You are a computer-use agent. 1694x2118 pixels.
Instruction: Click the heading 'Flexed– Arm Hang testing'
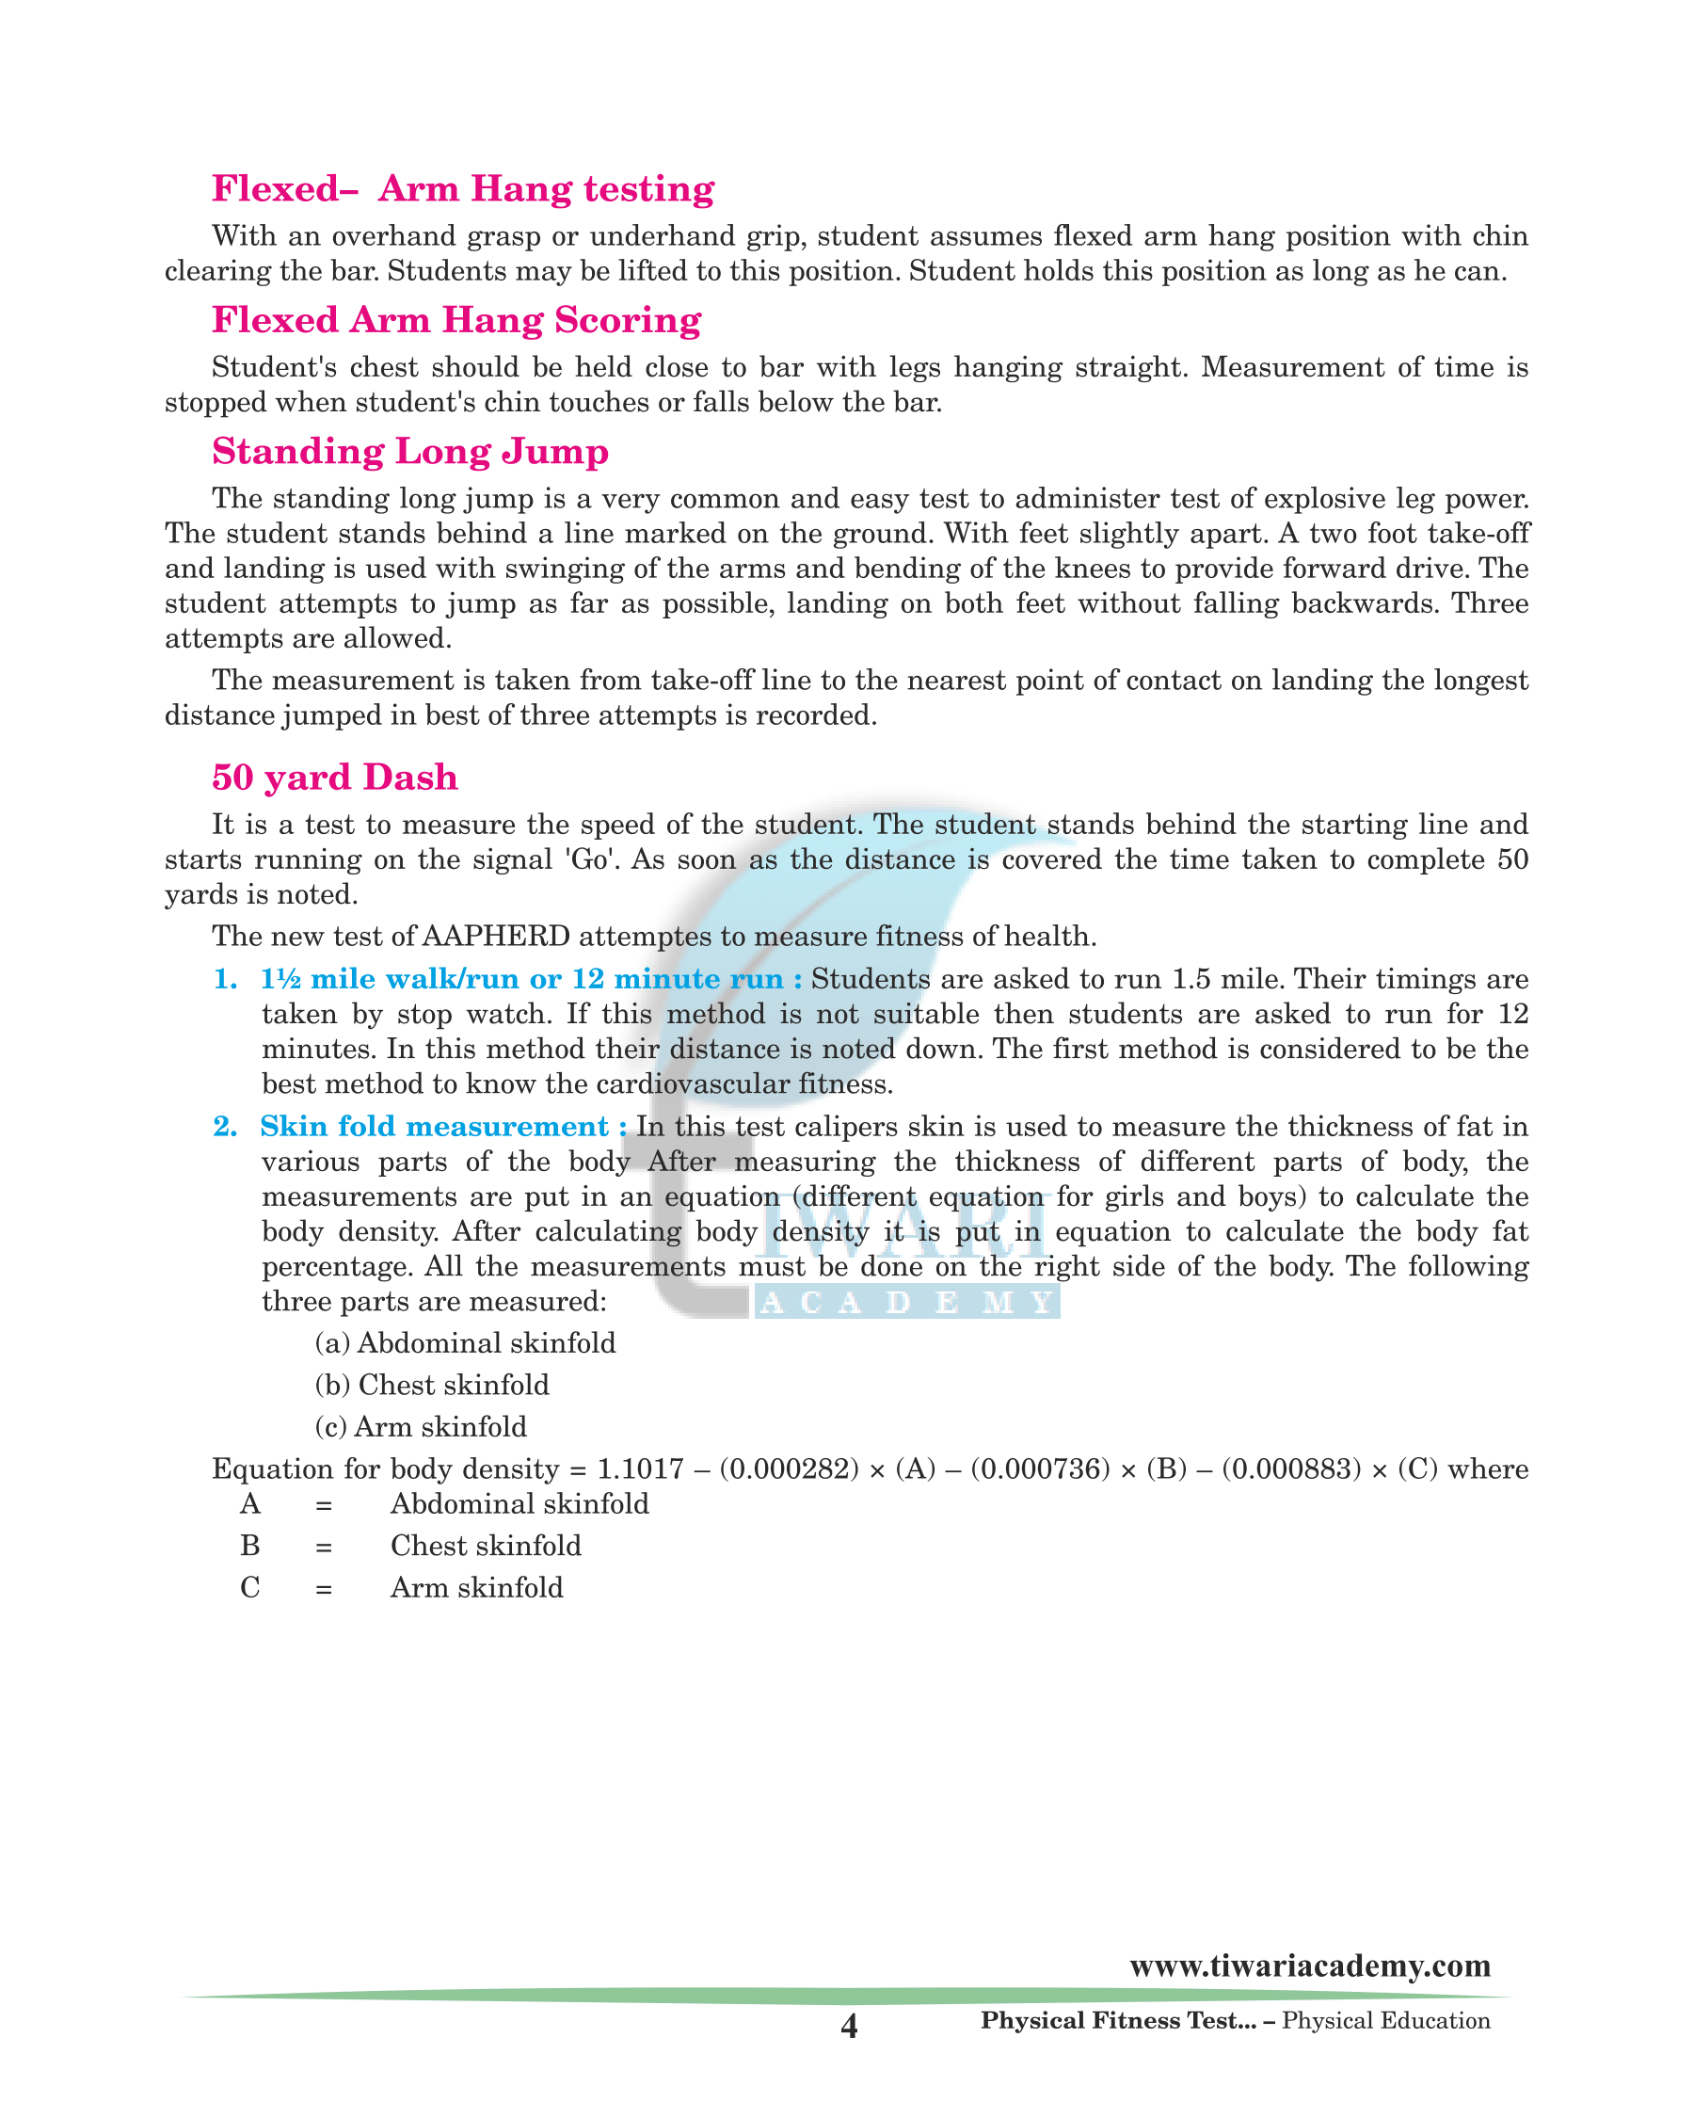coord(462,188)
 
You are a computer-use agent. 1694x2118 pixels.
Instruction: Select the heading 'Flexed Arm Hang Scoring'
coord(456,320)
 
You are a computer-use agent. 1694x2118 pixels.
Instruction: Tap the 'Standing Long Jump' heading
coord(410,452)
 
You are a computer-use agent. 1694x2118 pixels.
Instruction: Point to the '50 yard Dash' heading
coord(335,777)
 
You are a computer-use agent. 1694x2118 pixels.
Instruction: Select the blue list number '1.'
coord(226,979)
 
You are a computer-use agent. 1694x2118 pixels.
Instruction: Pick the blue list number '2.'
coord(226,1127)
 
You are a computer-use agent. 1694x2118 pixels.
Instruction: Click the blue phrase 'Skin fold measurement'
coord(434,1127)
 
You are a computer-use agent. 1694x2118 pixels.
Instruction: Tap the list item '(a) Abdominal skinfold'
coord(465,1343)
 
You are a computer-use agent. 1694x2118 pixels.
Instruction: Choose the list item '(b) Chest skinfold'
coord(431,1385)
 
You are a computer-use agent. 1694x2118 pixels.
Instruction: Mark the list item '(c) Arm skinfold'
coord(421,1427)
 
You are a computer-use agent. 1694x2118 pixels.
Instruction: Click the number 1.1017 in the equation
coord(640,1469)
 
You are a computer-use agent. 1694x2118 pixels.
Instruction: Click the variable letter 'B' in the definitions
coord(250,1547)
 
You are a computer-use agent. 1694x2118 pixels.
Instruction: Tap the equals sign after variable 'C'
coord(324,1589)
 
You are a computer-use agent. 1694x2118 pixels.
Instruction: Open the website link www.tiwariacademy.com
coord(1309,1966)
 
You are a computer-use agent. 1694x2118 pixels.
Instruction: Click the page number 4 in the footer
coord(850,2027)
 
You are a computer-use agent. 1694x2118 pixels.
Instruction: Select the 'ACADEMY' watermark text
coord(907,1303)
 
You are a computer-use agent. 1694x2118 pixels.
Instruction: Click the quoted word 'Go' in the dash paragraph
coord(589,859)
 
